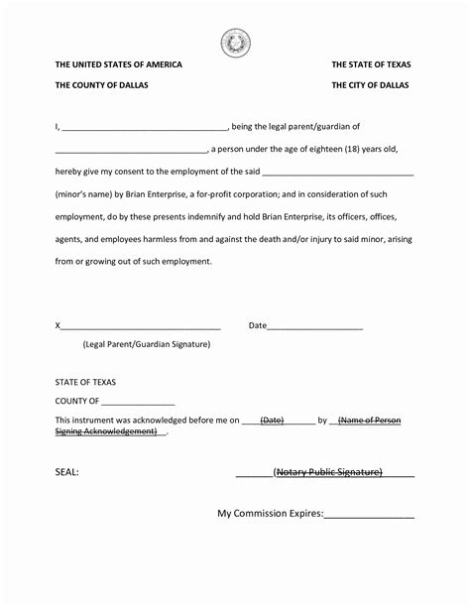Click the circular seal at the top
pos(235,42)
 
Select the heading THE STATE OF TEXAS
pos(371,65)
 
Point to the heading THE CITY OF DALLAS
pos(371,85)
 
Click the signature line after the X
pos(140,326)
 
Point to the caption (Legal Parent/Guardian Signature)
pos(147,344)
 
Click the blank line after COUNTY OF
pos(138,403)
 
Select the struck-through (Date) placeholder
pos(272,421)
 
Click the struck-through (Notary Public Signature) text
pos(328,472)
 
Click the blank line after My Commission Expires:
pos(369,516)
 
